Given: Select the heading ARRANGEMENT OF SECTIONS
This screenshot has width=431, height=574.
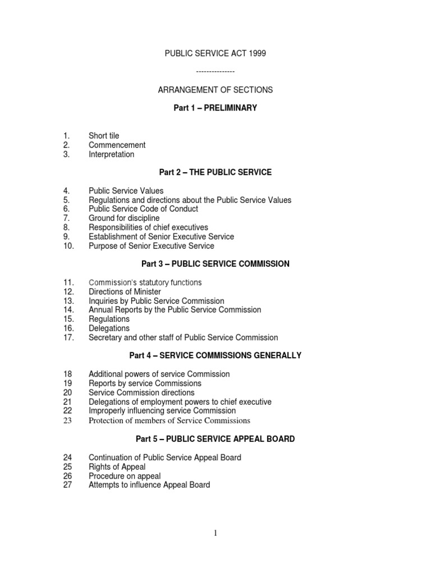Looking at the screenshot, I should click(215, 90).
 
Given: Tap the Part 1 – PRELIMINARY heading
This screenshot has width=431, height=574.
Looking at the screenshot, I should click(215, 108).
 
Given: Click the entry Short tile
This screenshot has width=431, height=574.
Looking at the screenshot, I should click(104, 136).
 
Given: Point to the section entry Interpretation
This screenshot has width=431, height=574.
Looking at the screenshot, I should click(111, 154).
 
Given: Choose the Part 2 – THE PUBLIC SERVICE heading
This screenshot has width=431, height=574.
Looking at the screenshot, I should click(215, 173).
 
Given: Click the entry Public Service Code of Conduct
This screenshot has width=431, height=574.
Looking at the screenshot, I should click(143, 209).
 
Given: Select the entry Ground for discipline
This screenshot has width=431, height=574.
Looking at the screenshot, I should click(124, 218).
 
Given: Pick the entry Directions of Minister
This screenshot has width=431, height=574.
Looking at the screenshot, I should click(125, 291).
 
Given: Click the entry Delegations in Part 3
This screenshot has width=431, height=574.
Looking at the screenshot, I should click(109, 328).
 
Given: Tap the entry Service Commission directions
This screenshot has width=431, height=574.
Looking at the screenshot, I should click(141, 392).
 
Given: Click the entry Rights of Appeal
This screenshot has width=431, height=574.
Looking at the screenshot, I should click(117, 466).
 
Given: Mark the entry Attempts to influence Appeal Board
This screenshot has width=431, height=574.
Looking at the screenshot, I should click(149, 485).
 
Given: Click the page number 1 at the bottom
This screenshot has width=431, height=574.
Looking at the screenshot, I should click(215, 533).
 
